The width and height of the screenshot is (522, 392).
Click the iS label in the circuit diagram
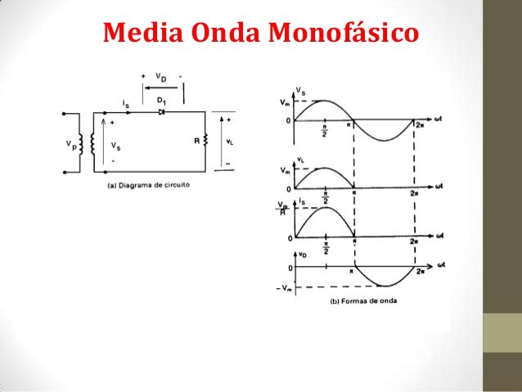pos(124,104)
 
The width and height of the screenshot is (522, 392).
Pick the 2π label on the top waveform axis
pos(419,125)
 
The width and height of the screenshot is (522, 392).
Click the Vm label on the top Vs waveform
pos(284,101)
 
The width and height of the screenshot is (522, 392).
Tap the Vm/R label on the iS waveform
pos(283,208)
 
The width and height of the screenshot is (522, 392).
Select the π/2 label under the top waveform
pos(325,130)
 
